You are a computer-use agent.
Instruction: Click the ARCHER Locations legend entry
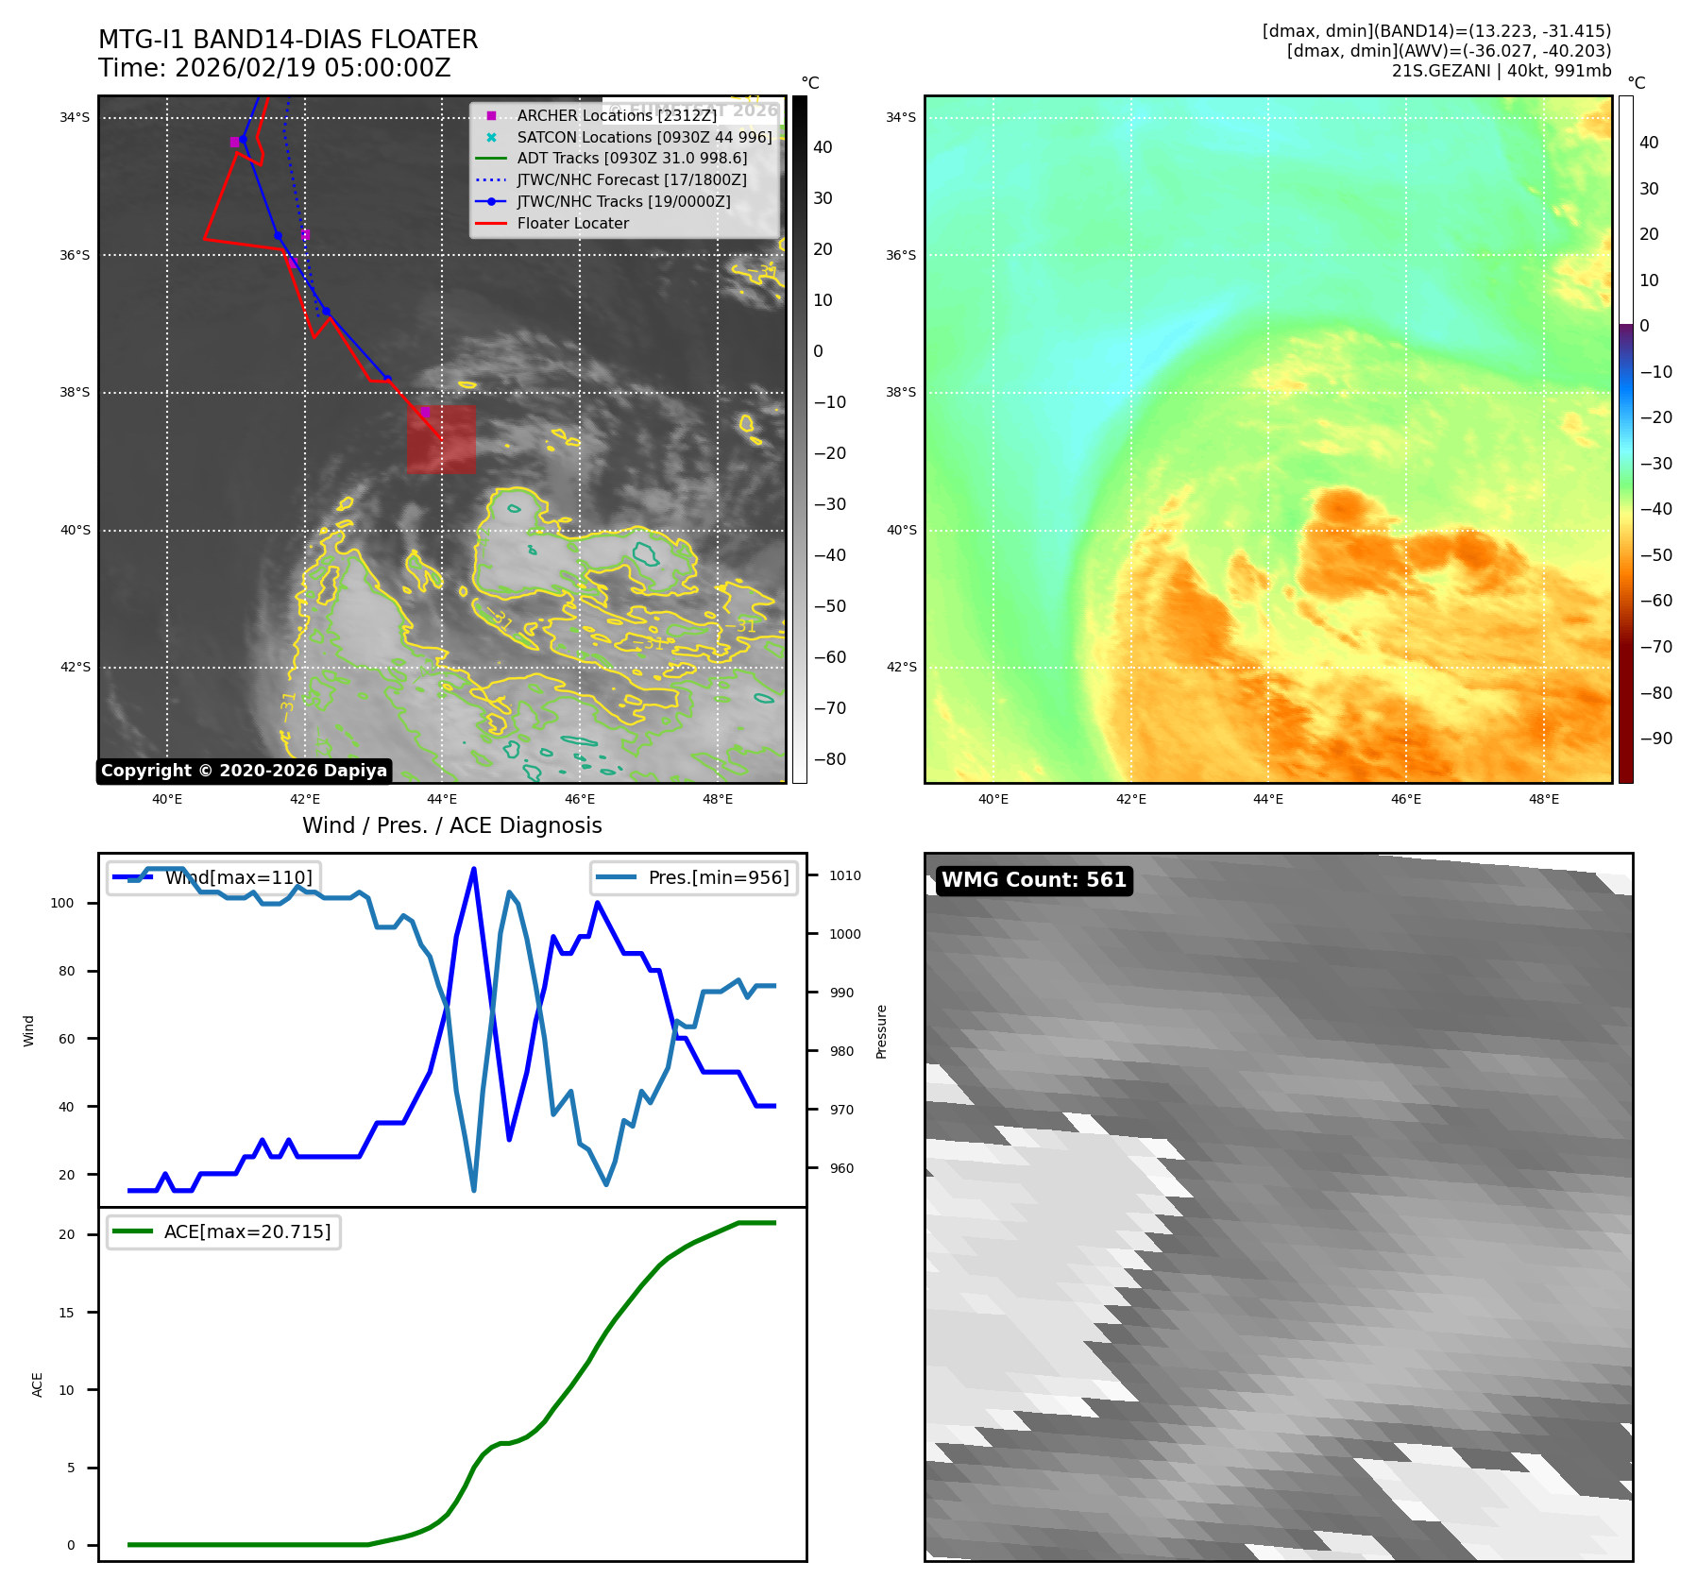[616, 115]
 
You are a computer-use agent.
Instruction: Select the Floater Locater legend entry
[572, 224]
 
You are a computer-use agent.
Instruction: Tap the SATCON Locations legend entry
[643, 137]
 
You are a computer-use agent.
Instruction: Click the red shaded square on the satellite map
[441, 439]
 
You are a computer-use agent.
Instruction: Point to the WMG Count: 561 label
[1034, 880]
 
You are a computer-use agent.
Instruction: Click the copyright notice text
[244, 771]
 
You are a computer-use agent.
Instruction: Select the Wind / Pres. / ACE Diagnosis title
[451, 825]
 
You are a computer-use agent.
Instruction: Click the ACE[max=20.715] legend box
[224, 1231]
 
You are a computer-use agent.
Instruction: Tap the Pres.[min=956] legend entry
[694, 877]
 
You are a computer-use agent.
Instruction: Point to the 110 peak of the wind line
[473, 869]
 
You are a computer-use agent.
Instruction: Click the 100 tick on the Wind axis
[62, 903]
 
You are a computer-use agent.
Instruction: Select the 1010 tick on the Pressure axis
[845, 875]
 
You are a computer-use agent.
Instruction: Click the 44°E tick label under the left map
[442, 799]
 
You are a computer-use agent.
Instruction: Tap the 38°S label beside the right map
[900, 392]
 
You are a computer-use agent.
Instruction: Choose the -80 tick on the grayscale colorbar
[829, 759]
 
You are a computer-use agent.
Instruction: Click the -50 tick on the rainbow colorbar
[1655, 554]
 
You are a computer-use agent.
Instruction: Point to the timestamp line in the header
[275, 69]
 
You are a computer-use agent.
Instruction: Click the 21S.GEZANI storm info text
[1501, 71]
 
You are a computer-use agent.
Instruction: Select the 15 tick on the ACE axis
[66, 1313]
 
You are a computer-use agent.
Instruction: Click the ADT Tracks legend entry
[631, 159]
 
